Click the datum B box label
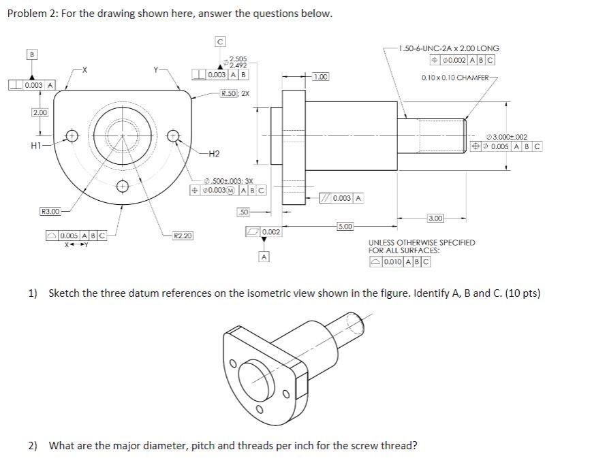[31, 53]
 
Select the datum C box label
[219, 42]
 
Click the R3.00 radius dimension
[50, 212]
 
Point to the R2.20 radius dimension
[182, 236]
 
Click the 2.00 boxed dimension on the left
[40, 112]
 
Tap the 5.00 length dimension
[345, 225]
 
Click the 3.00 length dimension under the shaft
[436, 218]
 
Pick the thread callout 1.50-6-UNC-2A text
[449, 48]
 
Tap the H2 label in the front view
[213, 153]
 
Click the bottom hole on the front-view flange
[122, 186]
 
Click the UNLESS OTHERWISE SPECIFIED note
[422, 242]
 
